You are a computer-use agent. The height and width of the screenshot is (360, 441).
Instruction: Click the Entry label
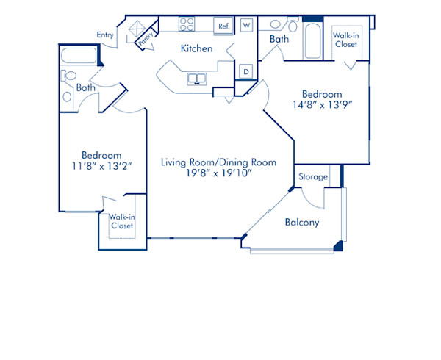(105, 35)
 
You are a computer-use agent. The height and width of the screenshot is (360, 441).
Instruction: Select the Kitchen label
(197, 48)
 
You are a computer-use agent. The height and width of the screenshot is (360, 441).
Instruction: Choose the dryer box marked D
(247, 71)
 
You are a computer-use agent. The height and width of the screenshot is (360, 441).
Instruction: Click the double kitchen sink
(198, 79)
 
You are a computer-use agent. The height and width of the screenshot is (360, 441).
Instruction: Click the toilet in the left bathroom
(70, 76)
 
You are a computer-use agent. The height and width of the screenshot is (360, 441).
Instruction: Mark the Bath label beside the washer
(279, 39)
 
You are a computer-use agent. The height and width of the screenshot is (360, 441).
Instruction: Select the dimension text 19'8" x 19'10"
(218, 174)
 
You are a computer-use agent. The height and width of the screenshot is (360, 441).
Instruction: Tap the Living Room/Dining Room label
(218, 162)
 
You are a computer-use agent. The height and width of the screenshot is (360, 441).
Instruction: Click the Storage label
(312, 177)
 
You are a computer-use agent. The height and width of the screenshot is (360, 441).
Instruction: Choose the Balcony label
(301, 223)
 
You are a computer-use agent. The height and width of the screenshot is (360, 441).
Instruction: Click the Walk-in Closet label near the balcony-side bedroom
(345, 40)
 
